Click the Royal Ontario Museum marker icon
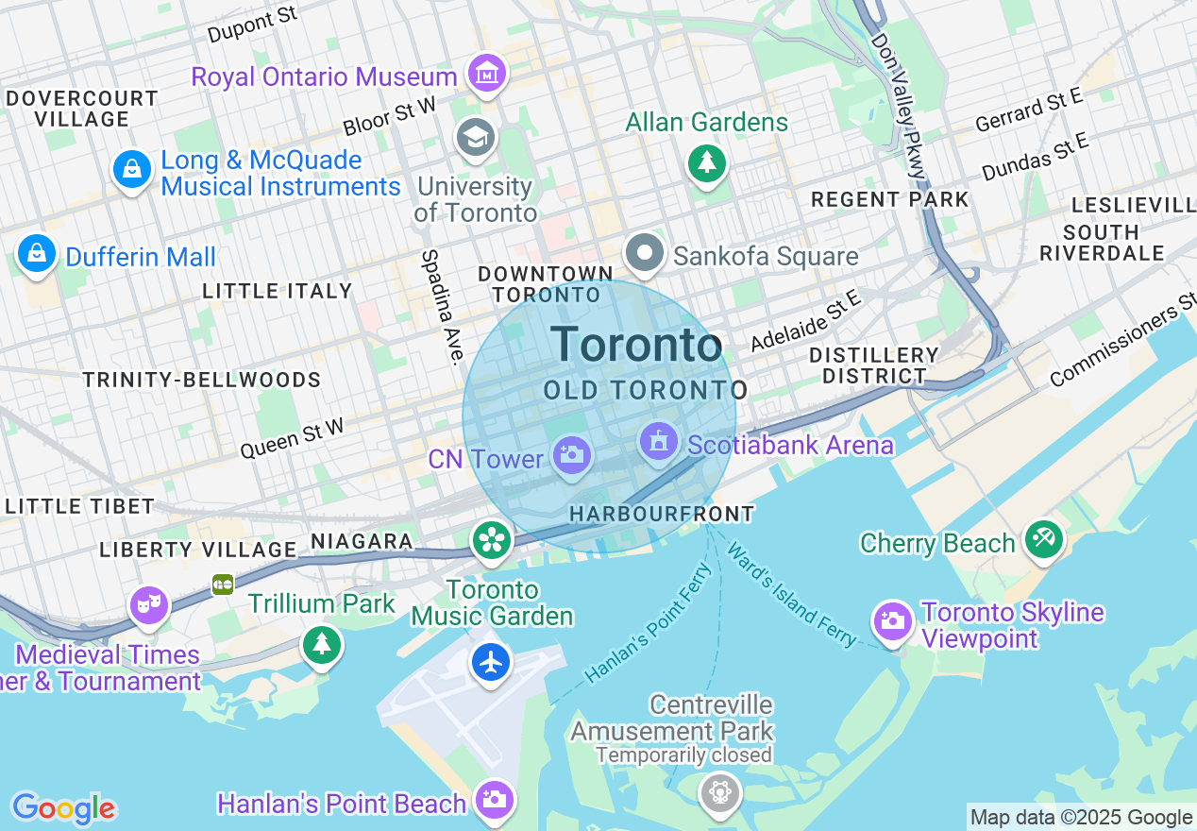[486, 73]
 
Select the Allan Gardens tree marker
[705, 162]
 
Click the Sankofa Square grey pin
[646, 253]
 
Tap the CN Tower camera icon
[570, 455]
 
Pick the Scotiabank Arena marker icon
[659, 441]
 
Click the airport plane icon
[491, 661]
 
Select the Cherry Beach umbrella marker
[1043, 539]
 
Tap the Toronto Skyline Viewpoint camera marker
[892, 619]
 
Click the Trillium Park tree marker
[322, 644]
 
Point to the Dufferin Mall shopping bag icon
[36, 253]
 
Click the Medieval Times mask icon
[148, 605]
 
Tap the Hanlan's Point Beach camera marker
[494, 799]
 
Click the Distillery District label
[873, 365]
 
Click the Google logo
[63, 808]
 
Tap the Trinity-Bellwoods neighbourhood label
[201, 381]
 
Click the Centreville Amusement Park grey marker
[719, 790]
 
